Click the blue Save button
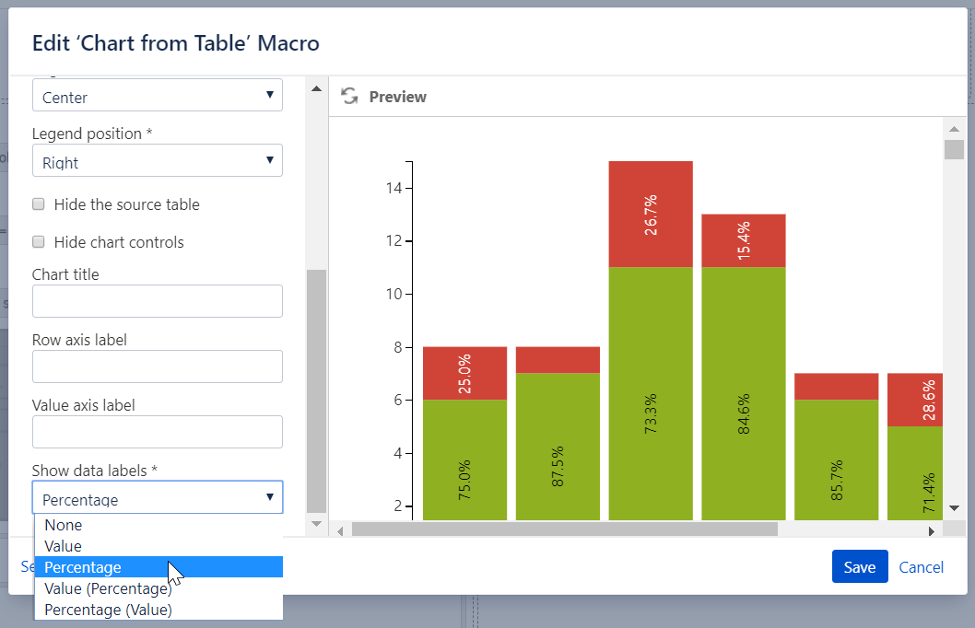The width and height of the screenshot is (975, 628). point(859,567)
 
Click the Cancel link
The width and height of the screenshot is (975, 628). point(921,567)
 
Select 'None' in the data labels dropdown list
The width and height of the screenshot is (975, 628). point(64,525)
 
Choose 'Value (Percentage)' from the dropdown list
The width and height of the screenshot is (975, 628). point(108,588)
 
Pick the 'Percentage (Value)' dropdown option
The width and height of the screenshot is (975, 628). point(108,610)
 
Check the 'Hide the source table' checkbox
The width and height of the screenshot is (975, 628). point(39,204)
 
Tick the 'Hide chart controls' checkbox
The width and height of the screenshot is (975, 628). point(39,242)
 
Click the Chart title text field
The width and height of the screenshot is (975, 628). point(157,301)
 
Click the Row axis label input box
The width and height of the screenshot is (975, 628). point(157,366)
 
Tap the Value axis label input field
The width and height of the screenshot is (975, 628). point(157,432)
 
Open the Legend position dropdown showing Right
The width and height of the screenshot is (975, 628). point(157,162)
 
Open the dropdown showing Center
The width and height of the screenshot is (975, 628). point(157,97)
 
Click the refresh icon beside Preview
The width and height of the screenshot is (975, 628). point(349,97)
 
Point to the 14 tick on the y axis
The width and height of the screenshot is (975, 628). point(394,189)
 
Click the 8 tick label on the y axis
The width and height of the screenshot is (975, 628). point(399,347)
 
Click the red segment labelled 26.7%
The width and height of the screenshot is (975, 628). point(651,215)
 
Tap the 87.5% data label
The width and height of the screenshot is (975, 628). point(558,466)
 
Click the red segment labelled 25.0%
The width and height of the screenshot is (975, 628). point(464,374)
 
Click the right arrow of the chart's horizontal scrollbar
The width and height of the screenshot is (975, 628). point(931,530)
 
